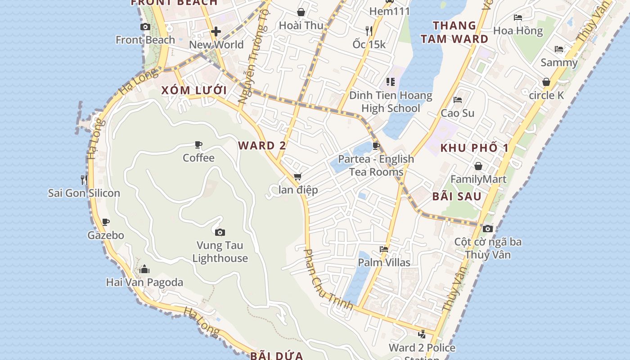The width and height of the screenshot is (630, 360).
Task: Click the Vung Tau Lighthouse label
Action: [x=220, y=252]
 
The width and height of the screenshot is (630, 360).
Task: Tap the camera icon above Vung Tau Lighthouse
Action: [x=220, y=232]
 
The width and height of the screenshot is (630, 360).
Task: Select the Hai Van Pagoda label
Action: [x=144, y=283]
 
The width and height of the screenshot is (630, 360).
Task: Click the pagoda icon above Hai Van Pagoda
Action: [x=144, y=269]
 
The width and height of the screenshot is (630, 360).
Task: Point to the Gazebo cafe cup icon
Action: [x=106, y=222]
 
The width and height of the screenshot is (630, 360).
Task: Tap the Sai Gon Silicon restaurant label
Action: [x=84, y=193]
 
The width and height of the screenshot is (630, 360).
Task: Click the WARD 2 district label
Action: [x=262, y=146]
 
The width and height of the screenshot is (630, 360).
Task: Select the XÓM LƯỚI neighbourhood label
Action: [x=194, y=90]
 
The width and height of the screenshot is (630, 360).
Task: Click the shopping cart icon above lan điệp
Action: [x=297, y=177]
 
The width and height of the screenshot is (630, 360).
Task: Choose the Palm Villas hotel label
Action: [x=384, y=262]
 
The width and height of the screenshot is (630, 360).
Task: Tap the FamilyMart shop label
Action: [x=478, y=180]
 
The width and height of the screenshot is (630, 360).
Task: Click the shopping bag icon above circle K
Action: [x=546, y=82]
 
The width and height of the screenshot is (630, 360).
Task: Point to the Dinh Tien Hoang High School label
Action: [x=391, y=102]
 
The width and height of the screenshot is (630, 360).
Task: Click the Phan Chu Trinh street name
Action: [x=328, y=279]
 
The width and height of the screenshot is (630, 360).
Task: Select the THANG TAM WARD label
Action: [x=454, y=32]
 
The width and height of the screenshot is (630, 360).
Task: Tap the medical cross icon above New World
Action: [x=216, y=31]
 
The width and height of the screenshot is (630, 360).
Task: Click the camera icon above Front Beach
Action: [x=145, y=27]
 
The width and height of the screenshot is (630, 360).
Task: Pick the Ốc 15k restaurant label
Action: [x=369, y=44]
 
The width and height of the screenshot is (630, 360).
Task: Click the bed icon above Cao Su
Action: [x=458, y=100]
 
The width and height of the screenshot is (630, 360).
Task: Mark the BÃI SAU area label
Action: [x=457, y=197]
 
